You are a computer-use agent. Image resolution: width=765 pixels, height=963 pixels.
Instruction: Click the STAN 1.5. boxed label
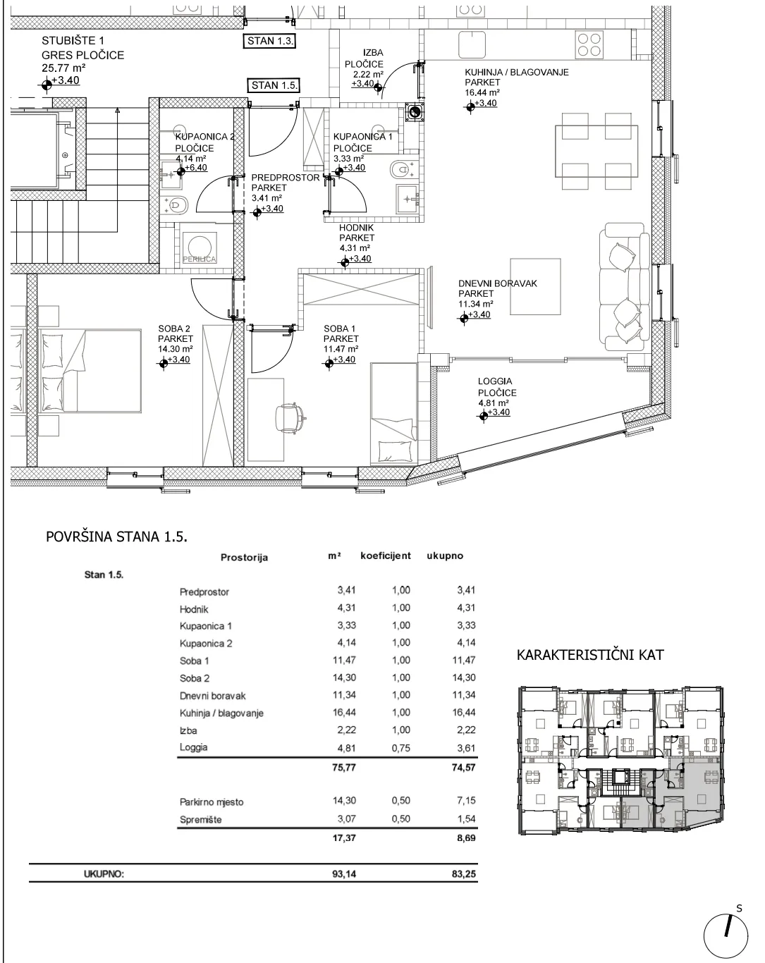(273, 85)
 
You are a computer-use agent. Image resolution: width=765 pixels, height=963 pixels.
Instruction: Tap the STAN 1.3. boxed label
(270, 41)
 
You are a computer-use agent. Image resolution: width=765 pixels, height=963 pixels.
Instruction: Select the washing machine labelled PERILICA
(200, 247)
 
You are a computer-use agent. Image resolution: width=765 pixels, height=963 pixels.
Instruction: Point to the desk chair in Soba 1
(290, 418)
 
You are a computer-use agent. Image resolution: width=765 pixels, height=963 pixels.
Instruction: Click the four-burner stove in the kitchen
(589, 44)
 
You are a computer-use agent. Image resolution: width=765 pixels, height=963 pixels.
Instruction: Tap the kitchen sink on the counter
(472, 44)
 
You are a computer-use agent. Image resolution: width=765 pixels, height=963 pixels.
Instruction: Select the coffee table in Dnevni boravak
(535, 287)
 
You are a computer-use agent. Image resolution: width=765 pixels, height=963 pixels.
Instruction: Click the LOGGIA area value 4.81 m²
(492, 403)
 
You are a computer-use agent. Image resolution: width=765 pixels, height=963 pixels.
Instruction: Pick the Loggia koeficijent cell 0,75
(400, 748)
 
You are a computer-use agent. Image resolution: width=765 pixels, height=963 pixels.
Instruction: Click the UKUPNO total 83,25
(464, 873)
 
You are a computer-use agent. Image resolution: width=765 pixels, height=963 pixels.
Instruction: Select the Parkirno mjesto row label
(212, 802)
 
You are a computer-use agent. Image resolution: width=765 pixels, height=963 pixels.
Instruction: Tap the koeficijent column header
(386, 556)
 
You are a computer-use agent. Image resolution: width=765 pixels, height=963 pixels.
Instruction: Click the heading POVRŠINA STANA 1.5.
(116, 536)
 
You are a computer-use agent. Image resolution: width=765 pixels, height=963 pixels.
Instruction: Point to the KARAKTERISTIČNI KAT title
(589, 655)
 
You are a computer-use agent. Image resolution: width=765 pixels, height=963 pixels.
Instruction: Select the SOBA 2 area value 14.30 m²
(175, 349)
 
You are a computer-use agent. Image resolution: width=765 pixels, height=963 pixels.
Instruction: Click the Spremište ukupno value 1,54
(466, 818)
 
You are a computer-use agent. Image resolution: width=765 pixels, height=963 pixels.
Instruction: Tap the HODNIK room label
(356, 228)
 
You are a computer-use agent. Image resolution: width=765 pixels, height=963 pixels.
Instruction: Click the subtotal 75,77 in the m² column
(344, 768)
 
